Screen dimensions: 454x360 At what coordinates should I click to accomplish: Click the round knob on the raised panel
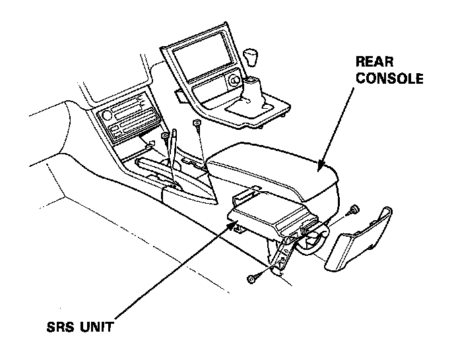236,83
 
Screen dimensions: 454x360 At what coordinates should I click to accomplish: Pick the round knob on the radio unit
106,116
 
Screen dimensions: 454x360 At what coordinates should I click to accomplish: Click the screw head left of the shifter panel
197,123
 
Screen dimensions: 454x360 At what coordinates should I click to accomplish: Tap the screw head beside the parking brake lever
165,136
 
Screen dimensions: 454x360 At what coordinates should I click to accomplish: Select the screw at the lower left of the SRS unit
251,280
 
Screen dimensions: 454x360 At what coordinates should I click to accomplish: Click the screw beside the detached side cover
354,209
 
